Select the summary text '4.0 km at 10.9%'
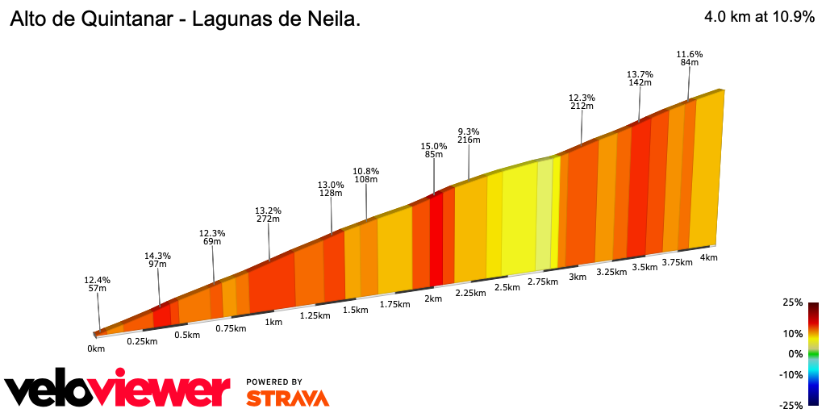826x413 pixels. click(758, 16)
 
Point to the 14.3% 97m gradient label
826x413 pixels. click(157, 261)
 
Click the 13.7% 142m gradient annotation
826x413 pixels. click(640, 77)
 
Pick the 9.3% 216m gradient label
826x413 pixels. click(469, 136)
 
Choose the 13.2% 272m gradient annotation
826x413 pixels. click(268, 214)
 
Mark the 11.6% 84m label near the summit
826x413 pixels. click(689, 58)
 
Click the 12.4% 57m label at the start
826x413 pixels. click(97, 284)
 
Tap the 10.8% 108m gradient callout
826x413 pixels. click(365, 175)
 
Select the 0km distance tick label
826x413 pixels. click(96, 348)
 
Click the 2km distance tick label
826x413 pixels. click(433, 298)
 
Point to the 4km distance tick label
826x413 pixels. click(709, 257)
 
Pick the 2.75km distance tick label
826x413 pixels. click(543, 282)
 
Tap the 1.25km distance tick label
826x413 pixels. click(314, 315)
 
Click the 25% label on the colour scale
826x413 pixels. click(792, 302)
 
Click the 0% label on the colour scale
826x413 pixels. click(795, 354)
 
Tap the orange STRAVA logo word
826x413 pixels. click(287, 398)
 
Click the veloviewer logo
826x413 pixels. click(118, 390)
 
